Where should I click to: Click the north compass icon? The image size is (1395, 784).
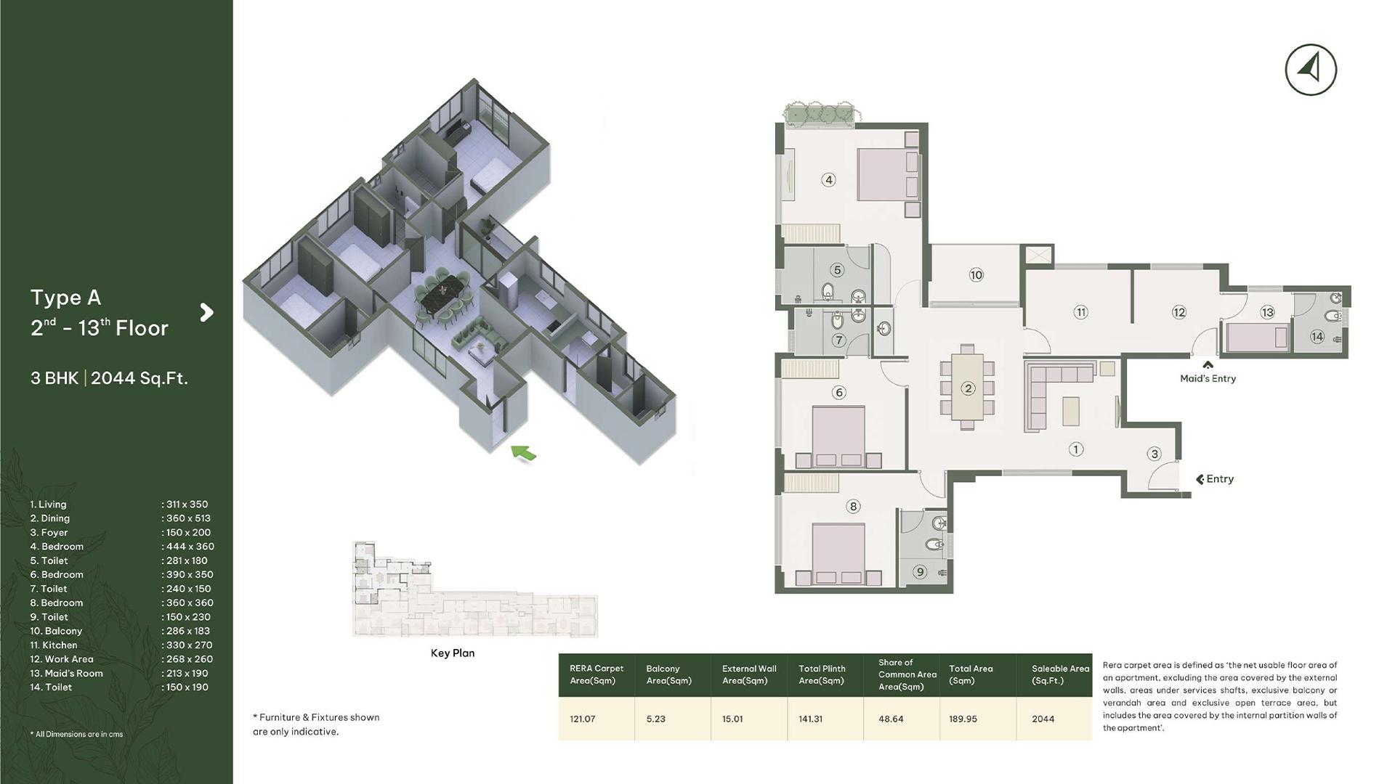coord(1311,70)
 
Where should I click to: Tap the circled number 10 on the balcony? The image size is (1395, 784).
coord(976,275)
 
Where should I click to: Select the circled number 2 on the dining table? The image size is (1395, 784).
coord(967,388)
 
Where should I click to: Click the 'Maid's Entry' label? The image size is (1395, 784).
coord(1208,378)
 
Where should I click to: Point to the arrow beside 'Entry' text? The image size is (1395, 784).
coord(1200,479)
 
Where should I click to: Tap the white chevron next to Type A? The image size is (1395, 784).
coord(207,312)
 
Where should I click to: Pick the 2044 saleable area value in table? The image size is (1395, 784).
coord(1043,719)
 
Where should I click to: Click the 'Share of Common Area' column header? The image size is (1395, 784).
coord(907,674)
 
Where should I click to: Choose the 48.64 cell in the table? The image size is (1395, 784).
coord(891,719)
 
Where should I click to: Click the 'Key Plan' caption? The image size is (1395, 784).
coord(453,653)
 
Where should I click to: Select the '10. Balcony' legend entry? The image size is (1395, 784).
coord(56,631)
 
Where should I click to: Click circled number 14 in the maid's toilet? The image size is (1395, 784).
coord(1317,337)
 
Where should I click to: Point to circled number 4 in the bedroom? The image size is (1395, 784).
coord(828,180)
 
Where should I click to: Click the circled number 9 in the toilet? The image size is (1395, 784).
coord(920,572)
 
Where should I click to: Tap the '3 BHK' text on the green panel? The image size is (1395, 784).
coord(54,378)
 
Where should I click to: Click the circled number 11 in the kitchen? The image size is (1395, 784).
coord(1080,312)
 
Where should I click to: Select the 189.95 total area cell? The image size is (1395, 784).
coord(963,719)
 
